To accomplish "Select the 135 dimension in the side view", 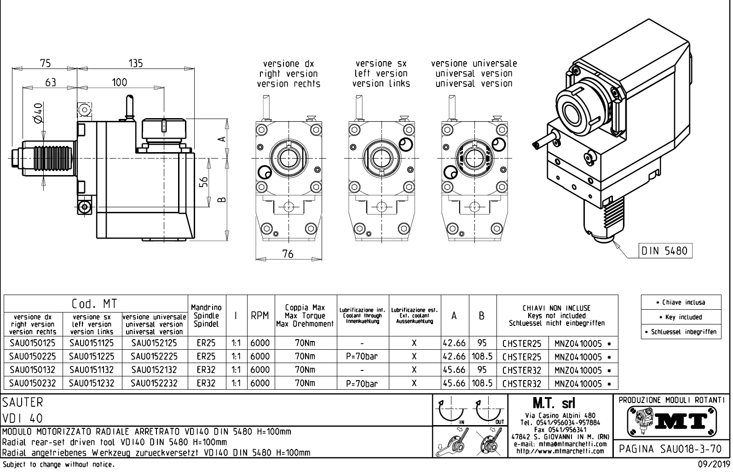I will pos(135,63).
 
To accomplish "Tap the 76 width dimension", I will pos(288,254).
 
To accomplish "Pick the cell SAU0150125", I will pos(33,343).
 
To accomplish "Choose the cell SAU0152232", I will pos(154,383).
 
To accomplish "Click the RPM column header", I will pos(260,316).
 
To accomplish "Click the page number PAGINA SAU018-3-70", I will pos(672,449).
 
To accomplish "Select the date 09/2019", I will pos(714,465).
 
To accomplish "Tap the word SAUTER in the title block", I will pos(23,403).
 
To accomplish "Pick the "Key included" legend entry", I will pos(681,317).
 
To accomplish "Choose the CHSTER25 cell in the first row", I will pos(522,343).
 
